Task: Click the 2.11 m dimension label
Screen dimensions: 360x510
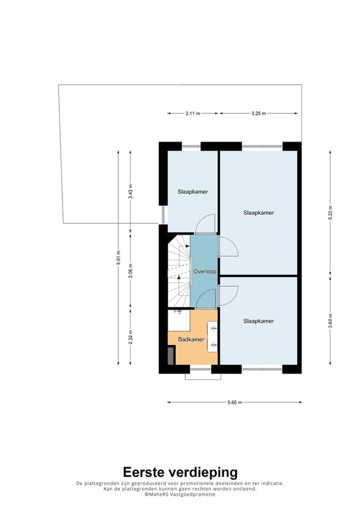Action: tap(193, 113)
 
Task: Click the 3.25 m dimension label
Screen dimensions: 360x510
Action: tap(259, 113)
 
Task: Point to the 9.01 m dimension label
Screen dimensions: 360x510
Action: tap(119, 258)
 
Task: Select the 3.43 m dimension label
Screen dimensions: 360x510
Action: tap(131, 192)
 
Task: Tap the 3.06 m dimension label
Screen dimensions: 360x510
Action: tap(131, 271)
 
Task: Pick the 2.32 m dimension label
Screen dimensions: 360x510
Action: tap(131, 337)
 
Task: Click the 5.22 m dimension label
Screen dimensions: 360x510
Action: tap(331, 213)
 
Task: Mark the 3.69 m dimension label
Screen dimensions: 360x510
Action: tap(331, 321)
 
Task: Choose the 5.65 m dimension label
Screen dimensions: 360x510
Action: tap(235, 402)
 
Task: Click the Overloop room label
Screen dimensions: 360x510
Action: tap(205, 272)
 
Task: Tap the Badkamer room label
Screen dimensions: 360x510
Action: tap(191, 340)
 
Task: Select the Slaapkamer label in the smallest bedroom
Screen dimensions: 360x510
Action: tap(193, 192)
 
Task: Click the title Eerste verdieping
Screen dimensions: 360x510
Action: tap(180, 472)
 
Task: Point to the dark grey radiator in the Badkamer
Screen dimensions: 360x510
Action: tap(171, 356)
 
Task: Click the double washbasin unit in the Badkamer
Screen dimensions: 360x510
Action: tap(212, 337)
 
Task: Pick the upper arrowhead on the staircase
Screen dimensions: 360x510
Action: tap(187, 246)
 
